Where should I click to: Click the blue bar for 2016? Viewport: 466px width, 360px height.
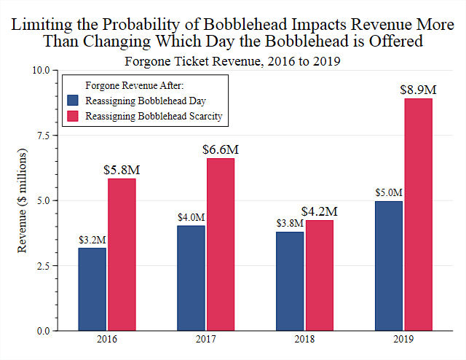(92, 289)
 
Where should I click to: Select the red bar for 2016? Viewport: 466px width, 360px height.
(122, 254)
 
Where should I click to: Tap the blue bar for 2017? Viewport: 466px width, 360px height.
(191, 278)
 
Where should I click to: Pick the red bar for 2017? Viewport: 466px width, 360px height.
(221, 244)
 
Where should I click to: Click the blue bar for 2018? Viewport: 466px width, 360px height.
(290, 281)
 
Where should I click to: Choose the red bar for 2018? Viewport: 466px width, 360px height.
(319, 275)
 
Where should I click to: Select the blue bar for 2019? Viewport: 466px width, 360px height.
(389, 266)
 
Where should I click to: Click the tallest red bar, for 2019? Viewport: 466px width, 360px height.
(418, 214)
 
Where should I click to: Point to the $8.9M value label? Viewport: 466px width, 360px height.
(418, 90)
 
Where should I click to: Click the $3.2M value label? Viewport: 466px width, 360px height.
(92, 239)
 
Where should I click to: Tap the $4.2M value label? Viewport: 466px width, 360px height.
(319, 211)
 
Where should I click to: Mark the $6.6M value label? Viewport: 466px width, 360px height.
(221, 149)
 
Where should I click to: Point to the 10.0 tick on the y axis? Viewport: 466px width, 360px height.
(39, 70)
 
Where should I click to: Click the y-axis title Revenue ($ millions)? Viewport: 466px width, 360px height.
(22, 200)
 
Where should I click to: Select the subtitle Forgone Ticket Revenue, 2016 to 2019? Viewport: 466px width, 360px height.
(233, 60)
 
